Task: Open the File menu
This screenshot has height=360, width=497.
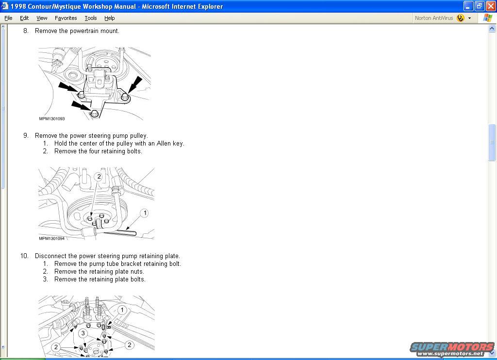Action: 8,18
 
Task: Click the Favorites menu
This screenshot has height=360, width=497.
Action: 66,18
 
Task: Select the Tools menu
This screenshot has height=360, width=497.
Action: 91,18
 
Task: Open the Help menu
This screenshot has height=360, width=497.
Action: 109,18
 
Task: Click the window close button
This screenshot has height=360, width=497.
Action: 491,6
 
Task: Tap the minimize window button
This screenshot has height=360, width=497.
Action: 468,6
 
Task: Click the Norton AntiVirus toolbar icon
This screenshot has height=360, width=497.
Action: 460,18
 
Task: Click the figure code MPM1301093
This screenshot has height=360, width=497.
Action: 51,119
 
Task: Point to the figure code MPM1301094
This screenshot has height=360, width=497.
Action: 51,238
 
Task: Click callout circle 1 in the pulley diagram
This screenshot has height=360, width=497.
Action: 145,213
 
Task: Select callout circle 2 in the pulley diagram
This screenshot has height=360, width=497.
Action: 99,177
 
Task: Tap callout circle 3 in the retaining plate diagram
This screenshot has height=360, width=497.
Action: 83,333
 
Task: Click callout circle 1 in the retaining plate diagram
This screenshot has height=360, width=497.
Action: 122,310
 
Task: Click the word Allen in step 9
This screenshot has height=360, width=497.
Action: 164,143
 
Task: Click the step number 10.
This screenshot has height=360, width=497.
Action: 24,256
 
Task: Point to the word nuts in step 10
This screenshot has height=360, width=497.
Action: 137,272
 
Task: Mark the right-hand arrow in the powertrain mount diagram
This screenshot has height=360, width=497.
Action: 135,84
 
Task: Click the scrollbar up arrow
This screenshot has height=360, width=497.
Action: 492,29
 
